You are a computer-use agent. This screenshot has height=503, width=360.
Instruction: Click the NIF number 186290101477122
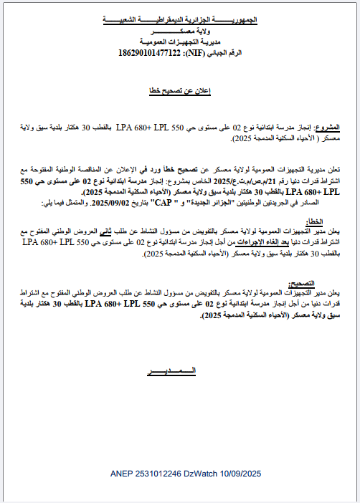click(148, 53)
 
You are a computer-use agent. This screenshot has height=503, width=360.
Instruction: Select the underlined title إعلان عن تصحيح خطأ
click(179, 92)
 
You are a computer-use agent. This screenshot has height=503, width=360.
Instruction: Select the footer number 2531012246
click(147, 474)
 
